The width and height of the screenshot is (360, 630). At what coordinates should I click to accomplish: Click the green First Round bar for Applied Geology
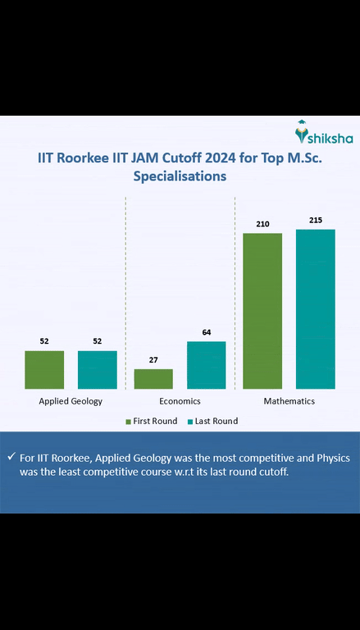(44, 369)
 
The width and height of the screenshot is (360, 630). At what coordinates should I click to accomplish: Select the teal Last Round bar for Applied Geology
(98, 369)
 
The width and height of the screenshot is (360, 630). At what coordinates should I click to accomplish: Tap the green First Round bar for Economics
(153, 378)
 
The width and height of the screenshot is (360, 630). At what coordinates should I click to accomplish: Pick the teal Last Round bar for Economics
(206, 364)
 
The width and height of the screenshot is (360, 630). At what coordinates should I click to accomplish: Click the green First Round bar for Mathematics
(262, 310)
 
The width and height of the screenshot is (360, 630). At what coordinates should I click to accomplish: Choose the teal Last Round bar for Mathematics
(316, 308)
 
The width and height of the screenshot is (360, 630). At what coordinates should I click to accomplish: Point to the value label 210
(262, 224)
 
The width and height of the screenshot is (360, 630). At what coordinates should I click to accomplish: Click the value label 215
(316, 220)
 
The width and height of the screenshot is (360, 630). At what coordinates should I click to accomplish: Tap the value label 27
(153, 359)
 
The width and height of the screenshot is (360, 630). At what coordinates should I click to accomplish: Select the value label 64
(206, 332)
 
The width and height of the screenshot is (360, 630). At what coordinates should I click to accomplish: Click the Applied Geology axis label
(71, 401)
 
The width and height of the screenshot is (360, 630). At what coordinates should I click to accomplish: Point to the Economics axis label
(180, 401)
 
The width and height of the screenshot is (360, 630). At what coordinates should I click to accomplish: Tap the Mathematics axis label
(289, 401)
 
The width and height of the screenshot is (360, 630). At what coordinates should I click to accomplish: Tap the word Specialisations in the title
(180, 176)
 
